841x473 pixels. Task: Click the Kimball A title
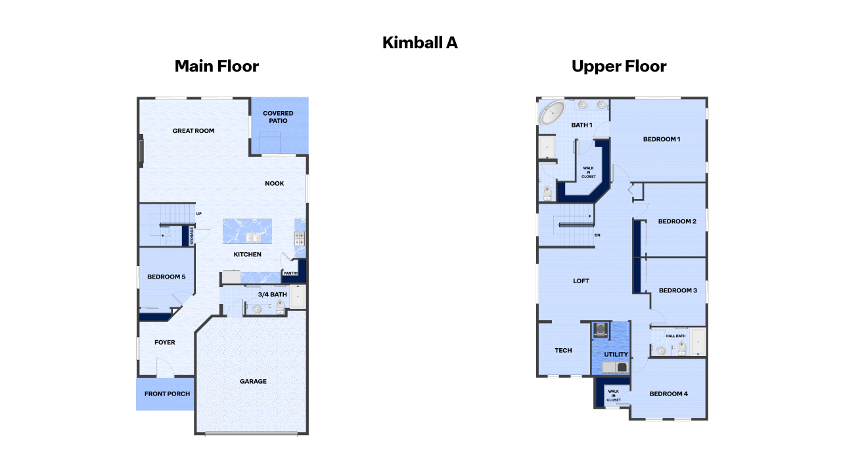(x=420, y=43)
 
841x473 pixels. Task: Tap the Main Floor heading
(x=216, y=66)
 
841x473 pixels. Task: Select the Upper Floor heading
(x=619, y=66)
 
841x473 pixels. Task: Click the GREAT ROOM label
(x=193, y=131)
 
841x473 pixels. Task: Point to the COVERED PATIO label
(x=278, y=117)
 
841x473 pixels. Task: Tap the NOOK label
(x=275, y=183)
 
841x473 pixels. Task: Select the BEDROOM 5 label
(x=166, y=277)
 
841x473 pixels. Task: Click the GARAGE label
(x=253, y=381)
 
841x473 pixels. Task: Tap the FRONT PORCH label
(x=168, y=394)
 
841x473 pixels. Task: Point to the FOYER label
(x=165, y=342)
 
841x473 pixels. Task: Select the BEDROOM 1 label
(x=661, y=139)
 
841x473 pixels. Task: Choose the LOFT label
(x=581, y=281)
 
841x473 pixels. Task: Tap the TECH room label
(x=563, y=351)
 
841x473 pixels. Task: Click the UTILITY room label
(x=616, y=354)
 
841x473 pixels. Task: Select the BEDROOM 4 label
(x=668, y=394)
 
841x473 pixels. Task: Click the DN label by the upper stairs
(x=597, y=235)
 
